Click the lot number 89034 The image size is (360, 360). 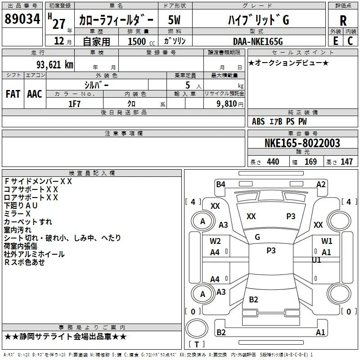coord(22,19)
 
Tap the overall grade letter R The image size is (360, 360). coord(343,21)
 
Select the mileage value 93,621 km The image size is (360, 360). coord(54,65)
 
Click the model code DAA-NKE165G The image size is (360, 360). coord(258,41)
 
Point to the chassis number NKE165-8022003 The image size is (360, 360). coord(302,143)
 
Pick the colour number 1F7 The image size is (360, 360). coord(74,104)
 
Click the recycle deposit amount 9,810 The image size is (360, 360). coord(227,104)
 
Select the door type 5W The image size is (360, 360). coord(174,20)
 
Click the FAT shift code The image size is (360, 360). coord(13,94)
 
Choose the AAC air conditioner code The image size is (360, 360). coord(35,94)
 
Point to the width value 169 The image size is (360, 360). coord(310,162)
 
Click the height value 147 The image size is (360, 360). coord(346,162)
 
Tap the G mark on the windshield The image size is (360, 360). coord(257,237)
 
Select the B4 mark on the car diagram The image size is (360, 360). coord(220,184)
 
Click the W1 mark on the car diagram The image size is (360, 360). coord(327,241)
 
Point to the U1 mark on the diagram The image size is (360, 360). coord(316,260)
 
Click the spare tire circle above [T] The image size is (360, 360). coord(197,328)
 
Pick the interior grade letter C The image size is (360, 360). coord(350,41)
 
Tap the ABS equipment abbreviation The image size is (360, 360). coord(258,121)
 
